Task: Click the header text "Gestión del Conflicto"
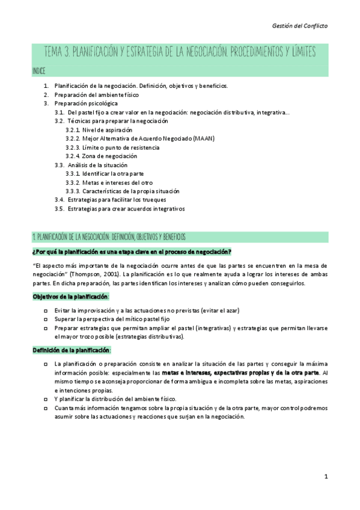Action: (299, 26)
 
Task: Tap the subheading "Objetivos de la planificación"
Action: (70, 296)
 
